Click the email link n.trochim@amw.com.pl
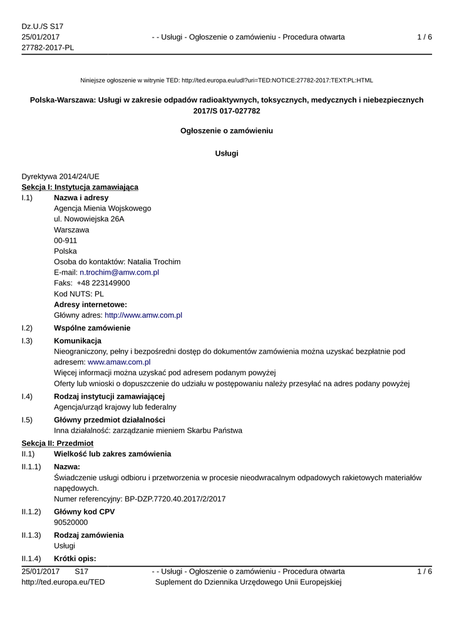(x=119, y=272)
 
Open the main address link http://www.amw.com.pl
(x=143, y=315)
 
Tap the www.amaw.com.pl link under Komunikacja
(x=119, y=362)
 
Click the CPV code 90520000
(x=71, y=522)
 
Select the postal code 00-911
(x=66, y=240)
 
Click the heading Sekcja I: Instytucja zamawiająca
(x=80, y=187)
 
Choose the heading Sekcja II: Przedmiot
(x=58, y=443)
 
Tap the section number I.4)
(x=27, y=396)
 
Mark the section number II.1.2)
(x=31, y=512)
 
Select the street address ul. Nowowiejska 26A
(x=89, y=219)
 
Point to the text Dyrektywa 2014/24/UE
(x=60, y=176)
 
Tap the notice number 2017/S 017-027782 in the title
(x=227, y=110)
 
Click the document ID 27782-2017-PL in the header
(x=48, y=48)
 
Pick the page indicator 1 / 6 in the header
(x=425, y=37)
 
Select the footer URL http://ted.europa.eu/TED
(x=63, y=582)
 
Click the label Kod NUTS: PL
(x=79, y=293)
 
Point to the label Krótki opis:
(x=75, y=558)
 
